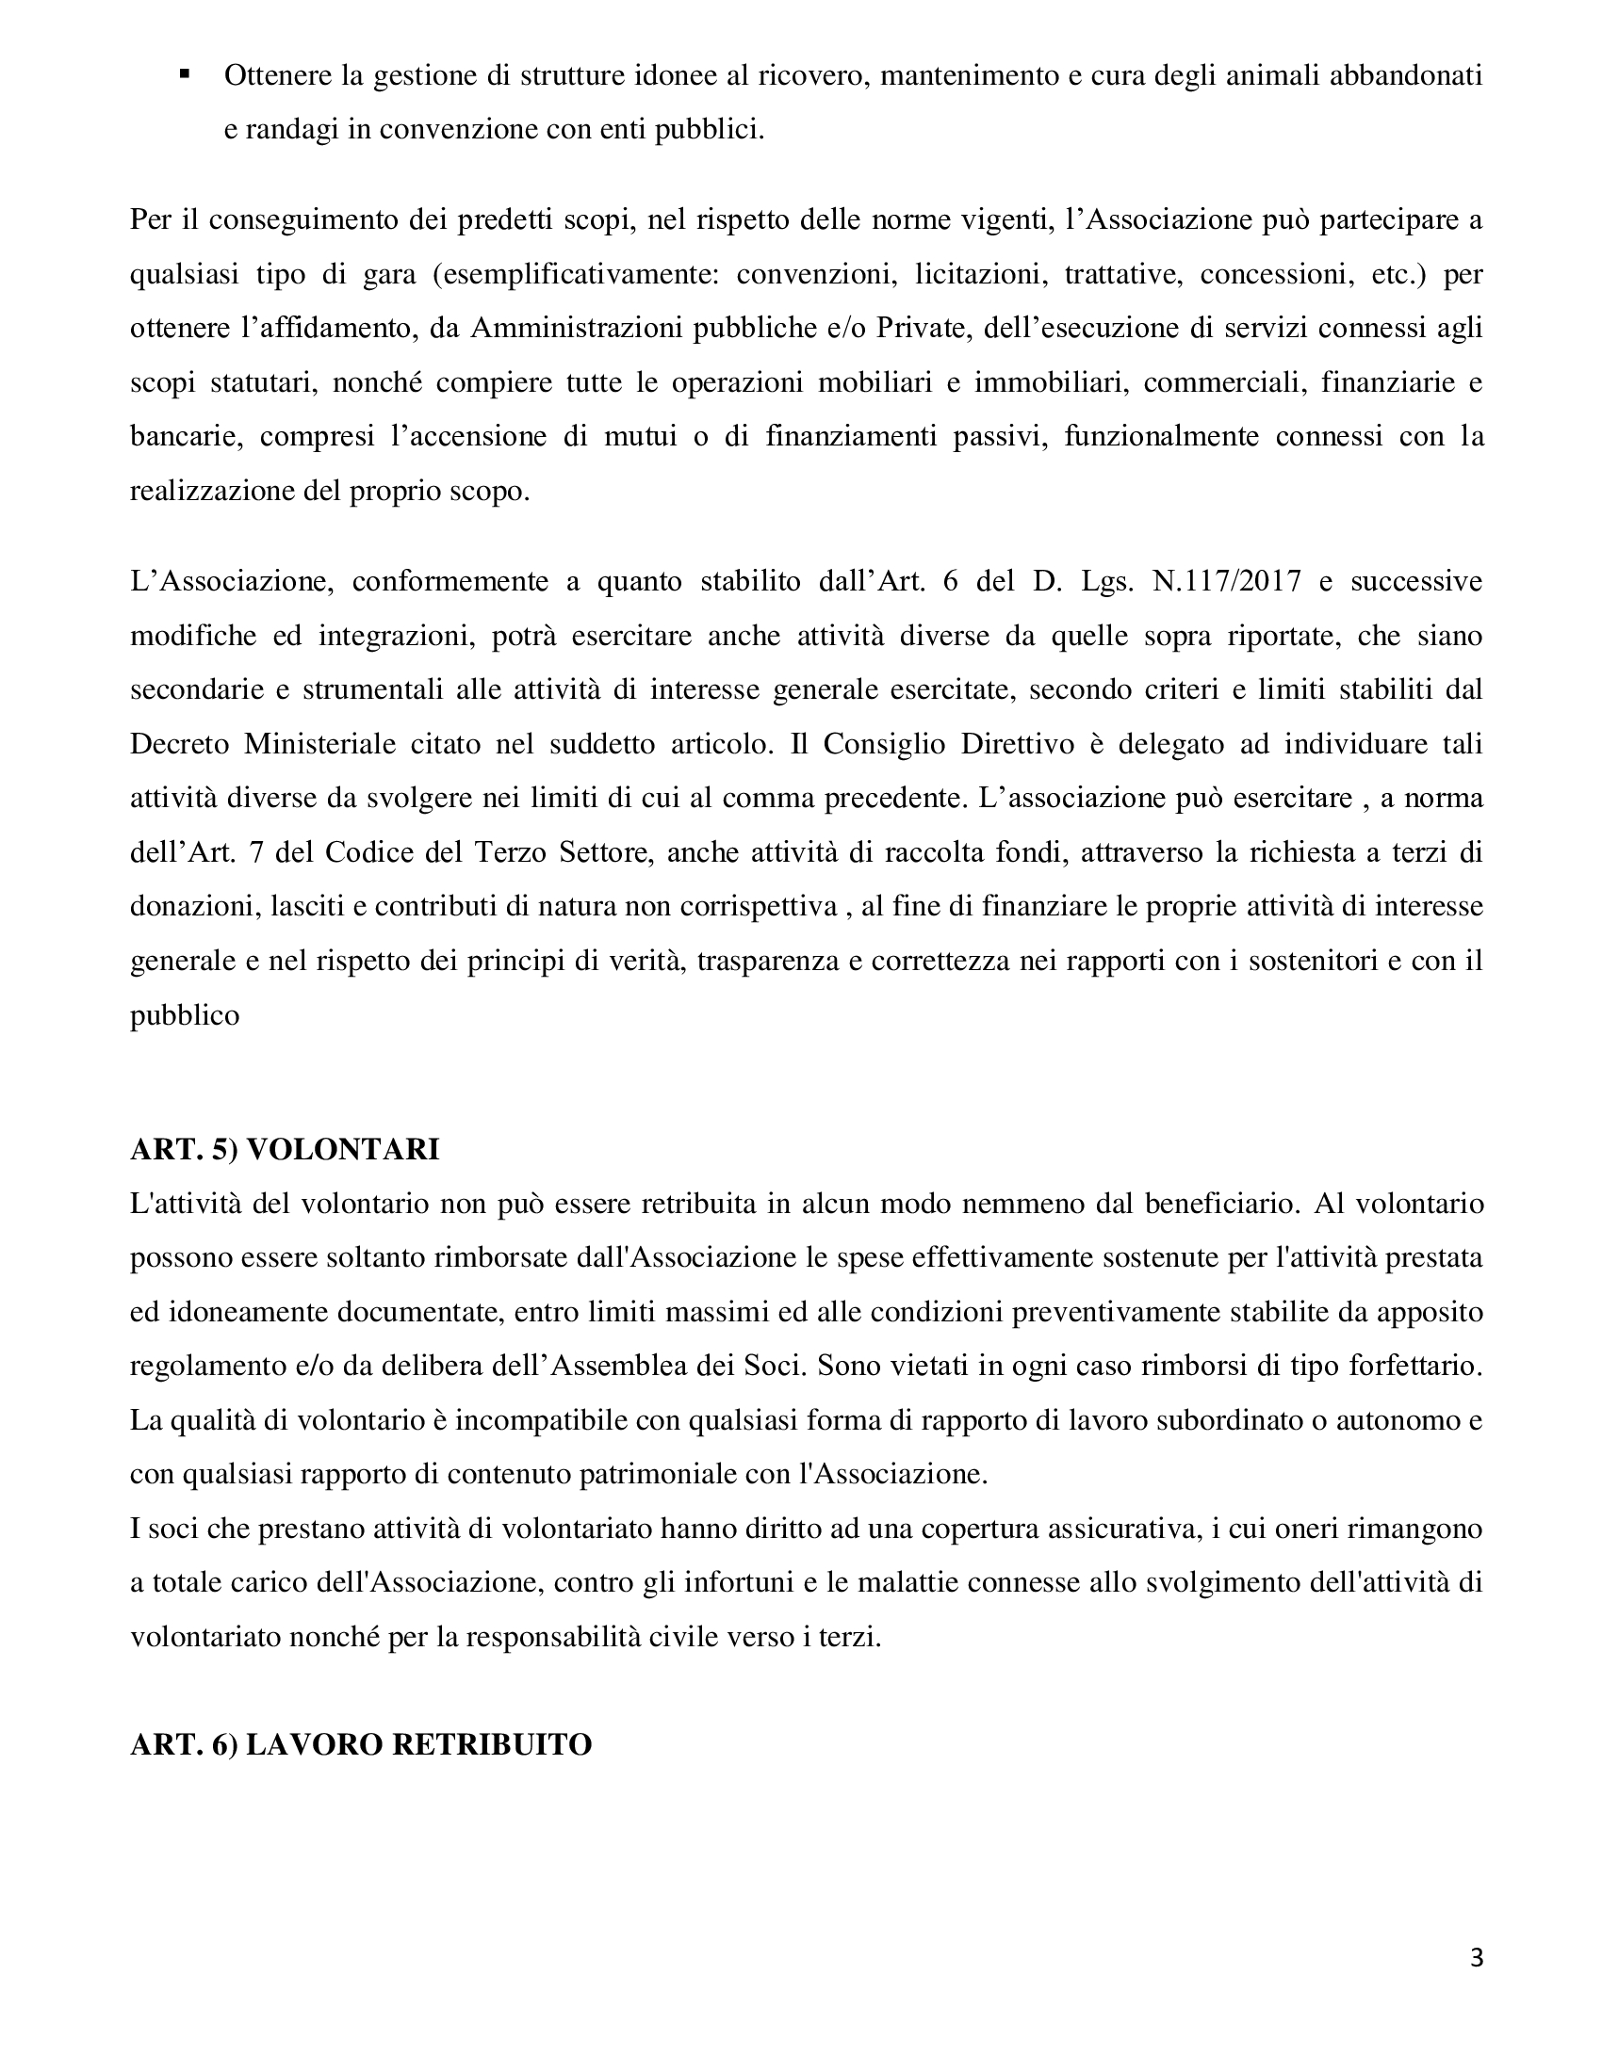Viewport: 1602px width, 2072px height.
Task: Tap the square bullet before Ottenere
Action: [184, 73]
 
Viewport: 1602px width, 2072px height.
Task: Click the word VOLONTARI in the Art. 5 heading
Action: [343, 1150]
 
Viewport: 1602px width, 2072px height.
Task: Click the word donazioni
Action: [190, 907]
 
